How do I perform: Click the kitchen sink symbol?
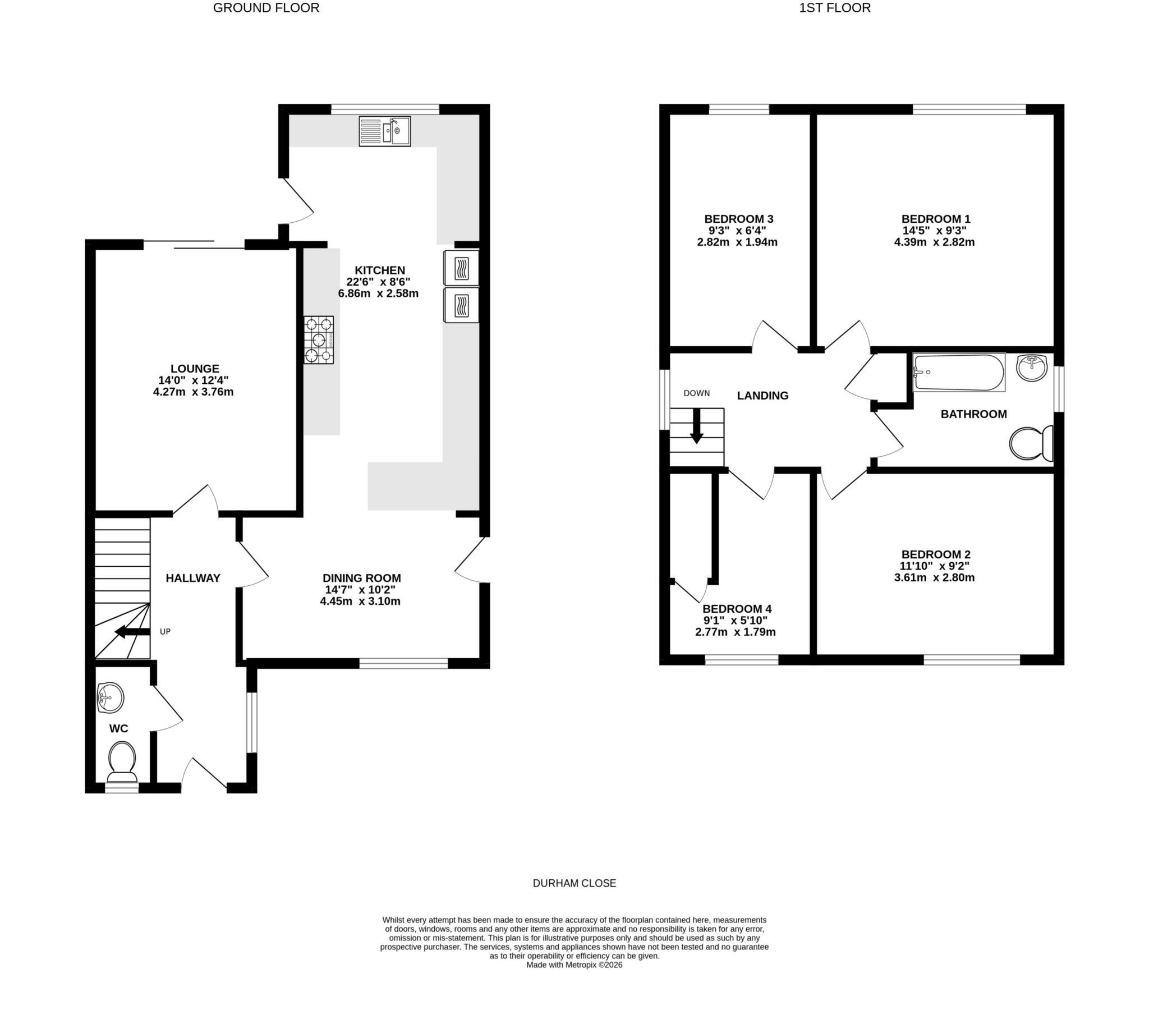[384, 132]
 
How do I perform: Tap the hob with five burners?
[319, 339]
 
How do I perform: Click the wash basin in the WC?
[109, 698]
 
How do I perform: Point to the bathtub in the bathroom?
[959, 371]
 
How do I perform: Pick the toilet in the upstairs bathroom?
[1031, 444]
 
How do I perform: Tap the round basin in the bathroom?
[1032, 368]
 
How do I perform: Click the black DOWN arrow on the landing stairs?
[696, 426]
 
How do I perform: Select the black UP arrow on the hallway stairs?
[132, 632]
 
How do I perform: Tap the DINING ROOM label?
[361, 578]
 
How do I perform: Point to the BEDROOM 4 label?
[737, 609]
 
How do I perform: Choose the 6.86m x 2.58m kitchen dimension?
[378, 293]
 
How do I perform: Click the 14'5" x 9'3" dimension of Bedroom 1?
[935, 231]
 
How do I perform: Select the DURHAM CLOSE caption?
[574, 883]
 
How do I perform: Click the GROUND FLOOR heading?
[266, 8]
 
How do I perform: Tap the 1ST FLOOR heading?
[835, 8]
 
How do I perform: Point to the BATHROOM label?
[973, 415]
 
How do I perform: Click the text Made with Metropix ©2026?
[574, 965]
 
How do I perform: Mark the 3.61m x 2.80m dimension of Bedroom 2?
[934, 577]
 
